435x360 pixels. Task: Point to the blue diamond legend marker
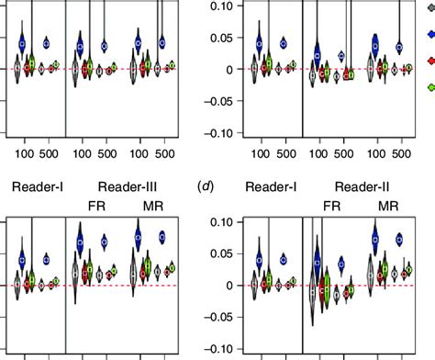coord(429,33)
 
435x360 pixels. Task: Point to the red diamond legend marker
coord(429,60)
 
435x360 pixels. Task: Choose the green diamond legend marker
coord(429,86)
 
